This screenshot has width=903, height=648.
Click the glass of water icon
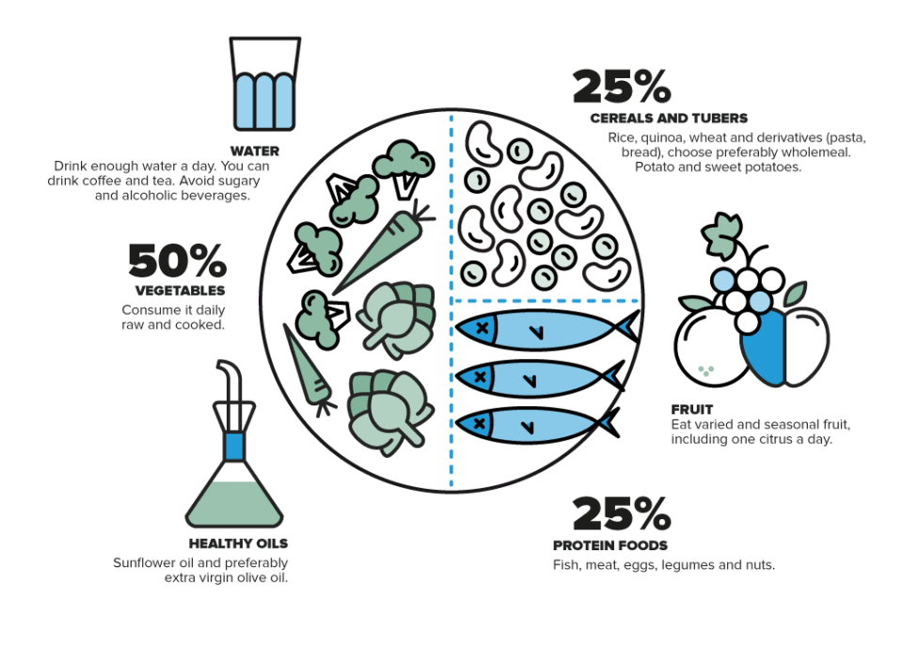pyautogui.click(x=265, y=84)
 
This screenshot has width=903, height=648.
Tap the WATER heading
pyautogui.click(x=255, y=150)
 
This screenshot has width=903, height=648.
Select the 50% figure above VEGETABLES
pyautogui.click(x=178, y=261)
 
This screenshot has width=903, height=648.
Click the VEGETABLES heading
pyautogui.click(x=181, y=291)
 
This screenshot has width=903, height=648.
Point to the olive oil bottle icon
pyautogui.click(x=234, y=444)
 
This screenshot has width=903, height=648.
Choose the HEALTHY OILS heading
pyautogui.click(x=238, y=544)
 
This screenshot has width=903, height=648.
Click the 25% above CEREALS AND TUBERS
pyautogui.click(x=622, y=87)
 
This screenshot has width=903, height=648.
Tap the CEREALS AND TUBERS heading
pyautogui.click(x=669, y=119)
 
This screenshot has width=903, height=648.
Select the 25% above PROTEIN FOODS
pyautogui.click(x=622, y=514)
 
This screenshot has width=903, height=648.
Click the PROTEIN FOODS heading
pyautogui.click(x=610, y=545)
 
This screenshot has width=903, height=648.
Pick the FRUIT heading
pyautogui.click(x=692, y=409)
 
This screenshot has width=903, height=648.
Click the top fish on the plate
pyautogui.click(x=547, y=329)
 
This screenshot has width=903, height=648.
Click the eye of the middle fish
pyautogui.click(x=481, y=377)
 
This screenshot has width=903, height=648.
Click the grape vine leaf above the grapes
pyautogui.click(x=721, y=235)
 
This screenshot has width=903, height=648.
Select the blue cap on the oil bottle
pyautogui.click(x=234, y=447)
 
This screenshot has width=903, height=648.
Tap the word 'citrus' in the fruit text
pyautogui.click(x=779, y=439)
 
